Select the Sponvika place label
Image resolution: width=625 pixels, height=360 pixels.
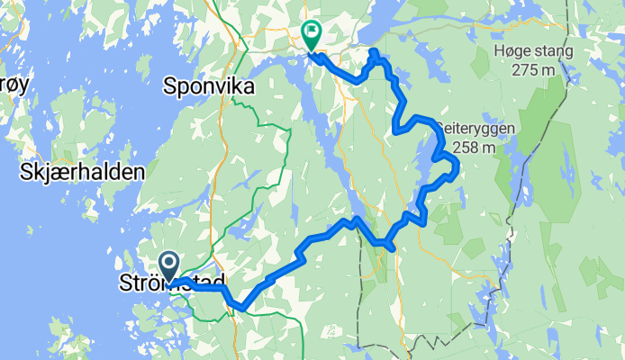pyautogui.click(x=209, y=86)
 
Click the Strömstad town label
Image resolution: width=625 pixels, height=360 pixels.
pyautogui.click(x=171, y=284)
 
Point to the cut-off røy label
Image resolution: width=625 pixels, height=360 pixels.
pyautogui.click(x=14, y=84)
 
